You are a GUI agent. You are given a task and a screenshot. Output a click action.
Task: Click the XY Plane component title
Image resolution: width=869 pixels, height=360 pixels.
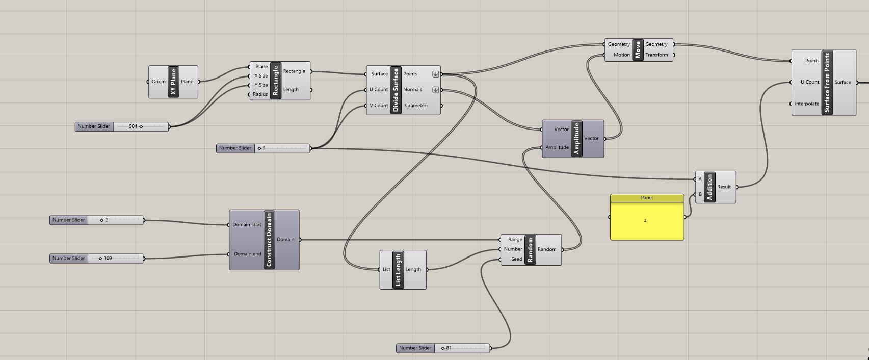[174, 82]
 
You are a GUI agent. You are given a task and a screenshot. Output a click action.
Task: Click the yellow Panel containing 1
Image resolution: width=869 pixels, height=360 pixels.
[647, 221]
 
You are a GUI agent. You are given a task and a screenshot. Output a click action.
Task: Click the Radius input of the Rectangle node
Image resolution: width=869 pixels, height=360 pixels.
[260, 94]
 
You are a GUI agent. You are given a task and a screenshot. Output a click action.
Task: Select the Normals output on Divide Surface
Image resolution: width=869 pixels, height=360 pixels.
[412, 90]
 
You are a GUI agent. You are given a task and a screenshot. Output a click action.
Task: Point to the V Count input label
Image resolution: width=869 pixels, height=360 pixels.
[379, 106]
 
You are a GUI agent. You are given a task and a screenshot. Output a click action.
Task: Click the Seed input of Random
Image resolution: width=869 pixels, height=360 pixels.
[516, 259]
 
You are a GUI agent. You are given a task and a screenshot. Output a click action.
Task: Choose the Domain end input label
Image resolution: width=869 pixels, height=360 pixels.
[247, 254]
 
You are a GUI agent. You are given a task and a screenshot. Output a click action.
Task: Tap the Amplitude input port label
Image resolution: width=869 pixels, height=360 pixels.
[557, 147]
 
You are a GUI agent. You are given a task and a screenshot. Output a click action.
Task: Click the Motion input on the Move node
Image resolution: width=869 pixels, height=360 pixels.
[621, 55]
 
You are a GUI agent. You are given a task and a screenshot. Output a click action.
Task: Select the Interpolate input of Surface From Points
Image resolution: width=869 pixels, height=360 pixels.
[807, 104]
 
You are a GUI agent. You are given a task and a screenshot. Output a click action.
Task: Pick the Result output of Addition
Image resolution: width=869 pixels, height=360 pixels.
[724, 187]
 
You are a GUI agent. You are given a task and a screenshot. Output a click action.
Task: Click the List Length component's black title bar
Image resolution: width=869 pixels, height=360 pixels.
[398, 270]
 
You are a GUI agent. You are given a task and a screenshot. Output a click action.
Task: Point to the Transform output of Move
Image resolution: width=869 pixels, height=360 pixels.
[656, 55]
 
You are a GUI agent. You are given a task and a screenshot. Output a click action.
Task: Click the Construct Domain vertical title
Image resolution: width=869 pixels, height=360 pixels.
[269, 240]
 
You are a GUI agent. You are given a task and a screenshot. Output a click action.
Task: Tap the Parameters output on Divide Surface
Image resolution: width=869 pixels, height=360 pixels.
[415, 106]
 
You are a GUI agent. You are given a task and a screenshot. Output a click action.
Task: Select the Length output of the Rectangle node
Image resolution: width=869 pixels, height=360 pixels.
[291, 90]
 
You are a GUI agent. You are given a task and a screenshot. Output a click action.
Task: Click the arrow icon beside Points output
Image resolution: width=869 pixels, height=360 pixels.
[435, 74]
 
